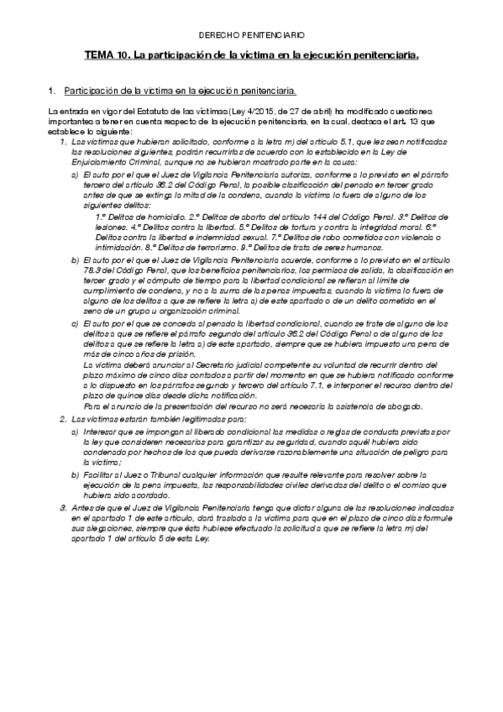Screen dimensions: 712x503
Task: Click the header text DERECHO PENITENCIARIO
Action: point(250,36)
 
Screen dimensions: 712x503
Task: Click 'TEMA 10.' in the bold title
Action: point(104,55)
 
